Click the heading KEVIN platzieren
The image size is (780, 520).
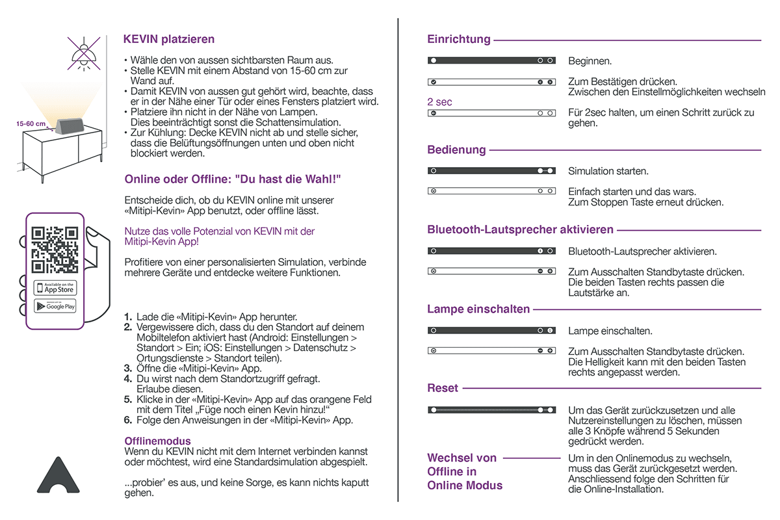169,40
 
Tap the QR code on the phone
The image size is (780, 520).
55,250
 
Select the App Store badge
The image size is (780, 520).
55,287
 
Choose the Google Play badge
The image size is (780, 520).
55,306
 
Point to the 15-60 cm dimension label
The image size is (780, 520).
31,123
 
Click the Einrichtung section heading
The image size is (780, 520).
459,40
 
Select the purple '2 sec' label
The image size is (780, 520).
439,102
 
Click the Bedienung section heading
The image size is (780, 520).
456,150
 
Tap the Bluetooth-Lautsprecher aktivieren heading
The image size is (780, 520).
520,230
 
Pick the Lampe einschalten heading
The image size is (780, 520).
478,309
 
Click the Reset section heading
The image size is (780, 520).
443,388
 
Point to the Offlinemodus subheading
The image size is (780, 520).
157,441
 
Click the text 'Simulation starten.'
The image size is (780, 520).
608,172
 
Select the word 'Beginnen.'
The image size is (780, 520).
590,62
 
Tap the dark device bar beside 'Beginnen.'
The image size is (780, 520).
491,60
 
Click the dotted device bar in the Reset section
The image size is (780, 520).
491,411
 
